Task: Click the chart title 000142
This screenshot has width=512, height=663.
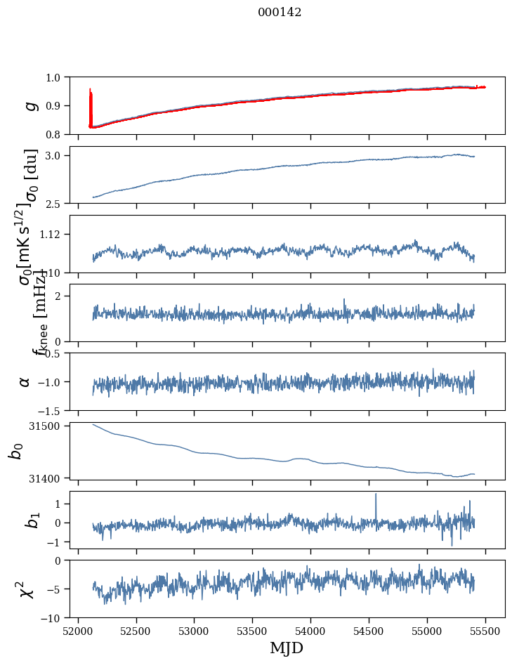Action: pos(280,12)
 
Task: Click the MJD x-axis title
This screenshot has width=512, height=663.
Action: pos(287,648)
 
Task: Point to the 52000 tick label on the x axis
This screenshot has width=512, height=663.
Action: pos(78,631)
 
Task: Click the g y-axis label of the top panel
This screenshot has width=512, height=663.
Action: pos(29,105)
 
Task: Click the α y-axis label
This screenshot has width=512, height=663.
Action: pos(25,381)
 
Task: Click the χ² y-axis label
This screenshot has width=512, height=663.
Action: pos(25,589)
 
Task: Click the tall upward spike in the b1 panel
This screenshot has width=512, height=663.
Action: pos(376,496)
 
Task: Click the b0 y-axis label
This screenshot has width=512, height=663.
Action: pos(15,450)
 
